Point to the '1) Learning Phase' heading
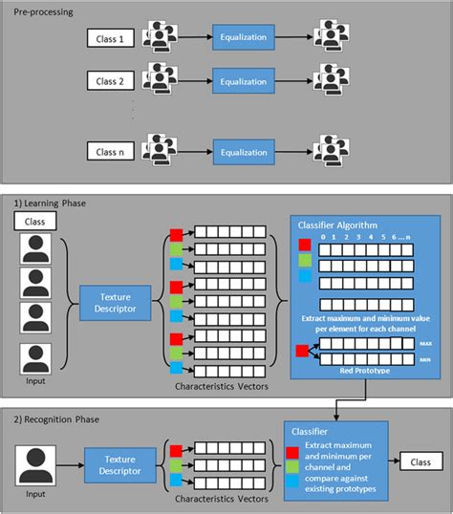(x=50, y=203)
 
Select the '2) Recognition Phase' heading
(x=57, y=419)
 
